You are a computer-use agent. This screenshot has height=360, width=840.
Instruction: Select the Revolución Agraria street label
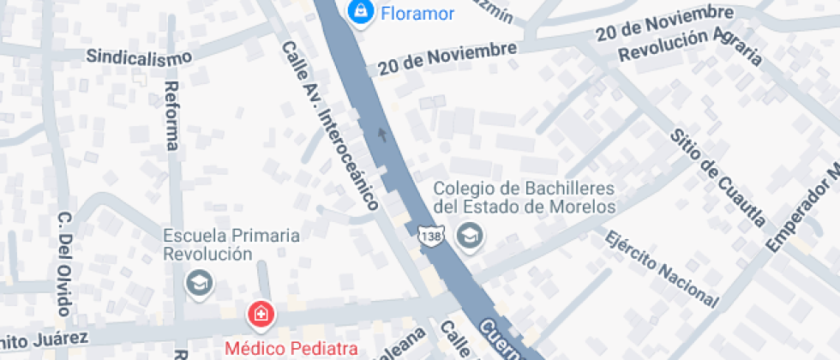point(691,46)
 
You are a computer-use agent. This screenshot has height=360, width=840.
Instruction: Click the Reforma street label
point(171,116)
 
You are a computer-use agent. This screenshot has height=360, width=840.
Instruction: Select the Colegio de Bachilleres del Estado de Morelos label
point(525,197)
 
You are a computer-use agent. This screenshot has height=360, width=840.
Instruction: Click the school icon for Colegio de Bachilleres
point(469,234)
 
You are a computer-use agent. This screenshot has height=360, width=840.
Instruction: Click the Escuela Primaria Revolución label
point(231,244)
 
